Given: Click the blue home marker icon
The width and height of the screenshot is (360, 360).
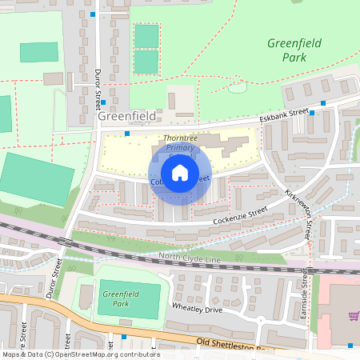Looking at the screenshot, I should pos(180,173).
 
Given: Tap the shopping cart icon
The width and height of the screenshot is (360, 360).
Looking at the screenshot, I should pos(353,317).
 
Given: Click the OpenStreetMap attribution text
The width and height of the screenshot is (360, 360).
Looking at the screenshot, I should pos(80,354).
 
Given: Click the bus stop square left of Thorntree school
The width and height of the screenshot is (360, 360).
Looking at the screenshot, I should pos(126,134).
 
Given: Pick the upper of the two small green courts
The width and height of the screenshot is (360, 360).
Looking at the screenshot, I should pos(146,36).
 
